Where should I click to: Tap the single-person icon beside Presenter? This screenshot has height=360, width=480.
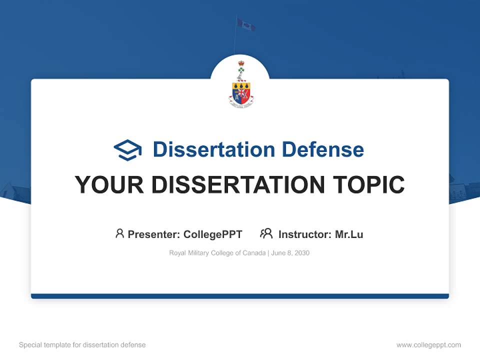click(x=119, y=233)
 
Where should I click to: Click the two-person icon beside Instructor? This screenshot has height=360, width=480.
click(x=266, y=233)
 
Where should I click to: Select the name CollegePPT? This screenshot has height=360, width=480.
click(x=212, y=234)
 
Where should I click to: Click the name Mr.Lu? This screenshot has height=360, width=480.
click(x=349, y=234)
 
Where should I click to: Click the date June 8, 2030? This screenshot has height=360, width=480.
click(x=290, y=253)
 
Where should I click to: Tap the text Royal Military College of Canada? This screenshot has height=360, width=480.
click(x=217, y=253)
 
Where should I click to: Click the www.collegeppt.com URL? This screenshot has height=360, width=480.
click(x=428, y=345)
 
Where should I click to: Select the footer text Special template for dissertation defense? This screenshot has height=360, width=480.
click(x=82, y=345)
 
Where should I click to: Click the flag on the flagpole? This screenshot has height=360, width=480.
click(x=246, y=24)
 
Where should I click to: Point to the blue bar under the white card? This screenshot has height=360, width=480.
click(x=240, y=296)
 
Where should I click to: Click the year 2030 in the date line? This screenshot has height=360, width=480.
click(x=302, y=253)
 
